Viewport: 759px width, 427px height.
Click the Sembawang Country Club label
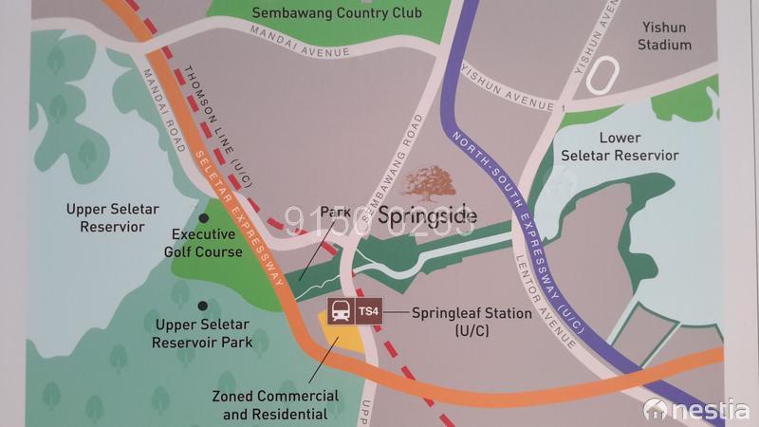click(337, 13)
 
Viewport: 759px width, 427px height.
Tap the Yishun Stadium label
click(664, 36)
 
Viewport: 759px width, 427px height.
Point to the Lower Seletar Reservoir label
click(620, 147)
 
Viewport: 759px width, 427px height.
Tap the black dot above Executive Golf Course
click(202, 218)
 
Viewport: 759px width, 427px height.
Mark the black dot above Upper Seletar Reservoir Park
click(202, 306)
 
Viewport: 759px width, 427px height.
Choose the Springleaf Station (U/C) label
click(471, 321)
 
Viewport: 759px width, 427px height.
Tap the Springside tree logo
click(430, 182)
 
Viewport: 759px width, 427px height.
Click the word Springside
click(427, 216)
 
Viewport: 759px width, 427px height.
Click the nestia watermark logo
click(696, 410)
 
